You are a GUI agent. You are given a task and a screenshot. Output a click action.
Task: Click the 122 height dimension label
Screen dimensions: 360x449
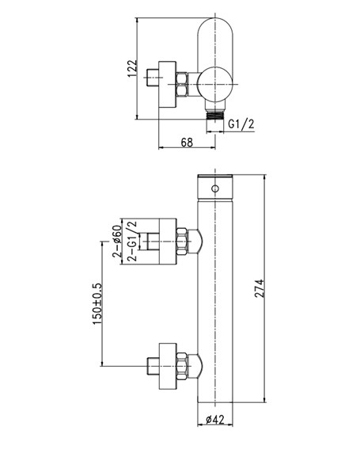click(132, 68)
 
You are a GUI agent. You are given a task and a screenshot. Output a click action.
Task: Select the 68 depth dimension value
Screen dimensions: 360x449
click(187, 143)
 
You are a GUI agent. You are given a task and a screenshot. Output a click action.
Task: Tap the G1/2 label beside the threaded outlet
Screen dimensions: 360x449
click(241, 124)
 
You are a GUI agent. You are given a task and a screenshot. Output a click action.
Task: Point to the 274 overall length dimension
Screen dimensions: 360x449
click(260, 288)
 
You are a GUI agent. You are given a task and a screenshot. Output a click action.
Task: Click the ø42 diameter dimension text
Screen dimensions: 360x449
click(215, 420)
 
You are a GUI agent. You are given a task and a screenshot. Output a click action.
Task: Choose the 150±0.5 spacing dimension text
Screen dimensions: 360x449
click(97, 304)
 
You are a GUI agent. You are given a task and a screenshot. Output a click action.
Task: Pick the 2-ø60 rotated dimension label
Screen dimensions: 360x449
click(117, 241)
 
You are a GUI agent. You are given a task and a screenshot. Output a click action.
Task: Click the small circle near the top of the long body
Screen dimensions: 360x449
click(215, 188)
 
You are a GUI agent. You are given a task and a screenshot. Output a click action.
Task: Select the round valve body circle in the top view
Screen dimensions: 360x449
click(214, 85)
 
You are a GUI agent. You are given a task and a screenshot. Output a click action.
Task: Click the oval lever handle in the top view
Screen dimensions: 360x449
click(215, 46)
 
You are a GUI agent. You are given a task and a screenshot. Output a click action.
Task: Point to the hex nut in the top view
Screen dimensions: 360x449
click(182, 85)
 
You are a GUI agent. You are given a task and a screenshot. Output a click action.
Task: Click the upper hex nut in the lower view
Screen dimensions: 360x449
click(182, 242)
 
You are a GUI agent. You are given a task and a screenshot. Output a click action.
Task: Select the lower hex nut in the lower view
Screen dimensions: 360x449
click(182, 366)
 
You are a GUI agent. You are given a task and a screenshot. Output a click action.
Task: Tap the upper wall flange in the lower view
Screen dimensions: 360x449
click(168, 242)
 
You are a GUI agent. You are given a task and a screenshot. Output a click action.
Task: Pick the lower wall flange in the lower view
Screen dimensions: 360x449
click(168, 366)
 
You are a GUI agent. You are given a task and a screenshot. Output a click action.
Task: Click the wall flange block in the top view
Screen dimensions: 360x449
click(168, 85)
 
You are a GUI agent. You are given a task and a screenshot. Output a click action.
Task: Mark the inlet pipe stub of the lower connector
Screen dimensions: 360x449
click(153, 366)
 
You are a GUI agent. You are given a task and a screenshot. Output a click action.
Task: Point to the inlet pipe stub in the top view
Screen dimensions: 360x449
click(153, 78)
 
